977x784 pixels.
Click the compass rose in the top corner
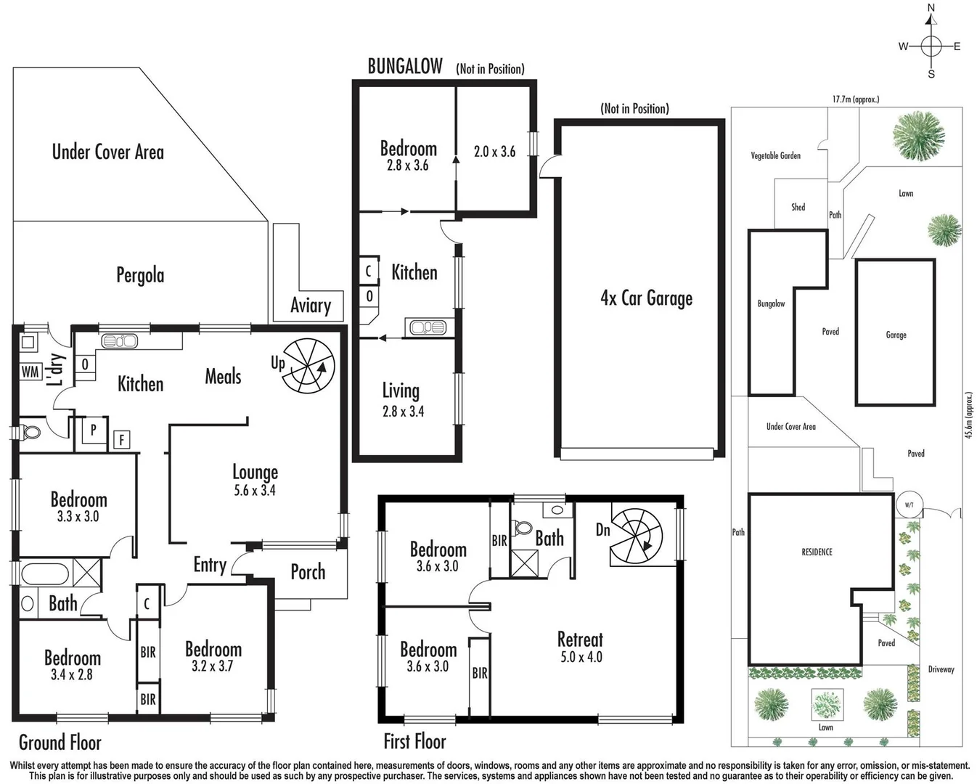[931, 46]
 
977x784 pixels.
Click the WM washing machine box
[30, 372]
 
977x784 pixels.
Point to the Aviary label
[311, 306]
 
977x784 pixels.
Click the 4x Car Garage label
[646, 298]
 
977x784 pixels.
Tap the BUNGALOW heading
[405, 67]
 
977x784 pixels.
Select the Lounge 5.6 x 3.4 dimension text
[255, 491]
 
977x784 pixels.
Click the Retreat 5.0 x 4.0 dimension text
[581, 657]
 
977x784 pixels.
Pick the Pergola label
[140, 275]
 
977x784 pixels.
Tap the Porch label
[308, 572]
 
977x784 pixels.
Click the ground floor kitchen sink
[120, 340]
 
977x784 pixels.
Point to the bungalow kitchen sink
[428, 327]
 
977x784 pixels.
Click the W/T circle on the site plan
[909, 505]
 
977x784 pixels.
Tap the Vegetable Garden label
[775, 155]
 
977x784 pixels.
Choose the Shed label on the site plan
[798, 208]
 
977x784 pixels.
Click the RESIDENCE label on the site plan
[817, 552]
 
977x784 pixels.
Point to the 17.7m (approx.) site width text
[855, 99]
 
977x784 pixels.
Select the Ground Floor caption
[60, 742]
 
